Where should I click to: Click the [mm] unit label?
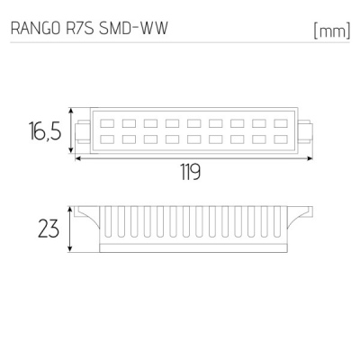(x=330, y=31)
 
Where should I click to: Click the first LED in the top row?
(x=106, y=123)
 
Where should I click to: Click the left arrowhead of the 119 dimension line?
(x=78, y=157)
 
